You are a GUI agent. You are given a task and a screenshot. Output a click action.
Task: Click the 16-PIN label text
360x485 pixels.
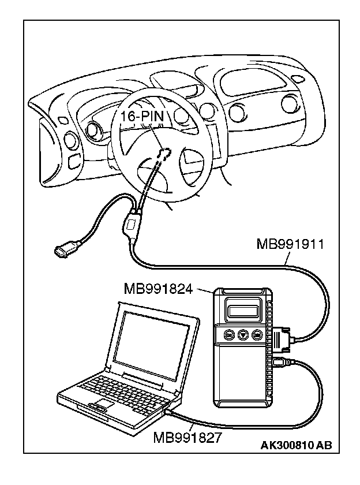142,117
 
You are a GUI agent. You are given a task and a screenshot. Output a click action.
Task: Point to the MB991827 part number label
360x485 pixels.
187,437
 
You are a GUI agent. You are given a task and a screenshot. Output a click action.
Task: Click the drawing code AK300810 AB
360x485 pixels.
296,445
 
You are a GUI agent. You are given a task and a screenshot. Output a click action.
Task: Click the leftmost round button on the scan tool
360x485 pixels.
229,334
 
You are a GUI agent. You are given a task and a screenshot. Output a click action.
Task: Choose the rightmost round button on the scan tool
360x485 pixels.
257,334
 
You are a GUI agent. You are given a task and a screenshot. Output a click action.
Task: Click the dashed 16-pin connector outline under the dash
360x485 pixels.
165,154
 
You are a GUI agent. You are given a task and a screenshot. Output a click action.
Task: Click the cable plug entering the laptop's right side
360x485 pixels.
169,411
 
